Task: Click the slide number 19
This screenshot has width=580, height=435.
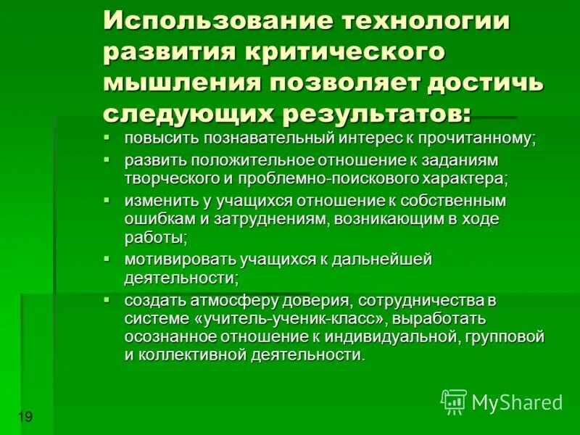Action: pyautogui.click(x=25, y=416)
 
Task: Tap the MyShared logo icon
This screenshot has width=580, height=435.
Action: pyautogui.click(x=454, y=402)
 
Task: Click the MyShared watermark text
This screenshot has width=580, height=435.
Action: pyautogui.click(x=517, y=402)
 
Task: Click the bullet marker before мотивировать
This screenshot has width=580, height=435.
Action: pyautogui.click(x=107, y=258)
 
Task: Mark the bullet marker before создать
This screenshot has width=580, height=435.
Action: pyautogui.click(x=107, y=299)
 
